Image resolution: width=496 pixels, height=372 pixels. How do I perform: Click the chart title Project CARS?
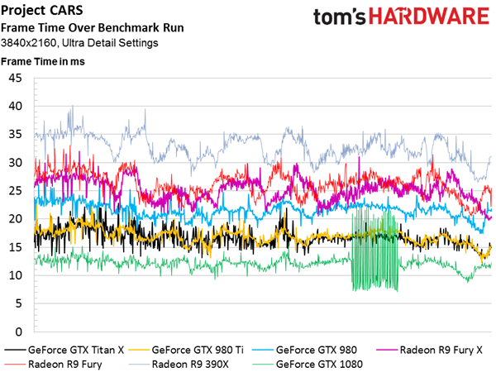[x=42, y=11]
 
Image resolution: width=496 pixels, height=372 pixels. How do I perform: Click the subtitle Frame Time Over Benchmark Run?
[x=93, y=28]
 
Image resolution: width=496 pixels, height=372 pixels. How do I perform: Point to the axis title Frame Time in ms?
[x=43, y=61]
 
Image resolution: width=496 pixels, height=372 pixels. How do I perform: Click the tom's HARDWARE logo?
[x=401, y=17]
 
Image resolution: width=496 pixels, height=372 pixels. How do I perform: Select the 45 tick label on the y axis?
[x=15, y=78]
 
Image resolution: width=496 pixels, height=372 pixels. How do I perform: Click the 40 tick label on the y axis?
[x=15, y=106]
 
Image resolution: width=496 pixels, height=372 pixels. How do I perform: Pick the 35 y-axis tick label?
[x=15, y=134]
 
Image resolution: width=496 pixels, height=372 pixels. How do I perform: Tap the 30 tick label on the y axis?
[x=15, y=163]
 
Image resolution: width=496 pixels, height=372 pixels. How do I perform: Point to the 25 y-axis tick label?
[x=15, y=191]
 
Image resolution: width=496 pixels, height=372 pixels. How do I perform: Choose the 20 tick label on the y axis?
[x=15, y=219]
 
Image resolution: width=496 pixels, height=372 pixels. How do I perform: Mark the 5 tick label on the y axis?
[x=19, y=303]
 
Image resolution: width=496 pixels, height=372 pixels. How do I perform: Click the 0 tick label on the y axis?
[x=19, y=331]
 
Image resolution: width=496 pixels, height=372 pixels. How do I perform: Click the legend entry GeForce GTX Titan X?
[x=64, y=350]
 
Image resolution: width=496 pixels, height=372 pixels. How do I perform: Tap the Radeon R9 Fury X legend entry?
[x=429, y=350]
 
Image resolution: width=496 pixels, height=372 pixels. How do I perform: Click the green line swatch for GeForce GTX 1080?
[x=263, y=365]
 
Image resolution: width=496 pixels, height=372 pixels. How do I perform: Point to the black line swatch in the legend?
[x=15, y=351]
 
